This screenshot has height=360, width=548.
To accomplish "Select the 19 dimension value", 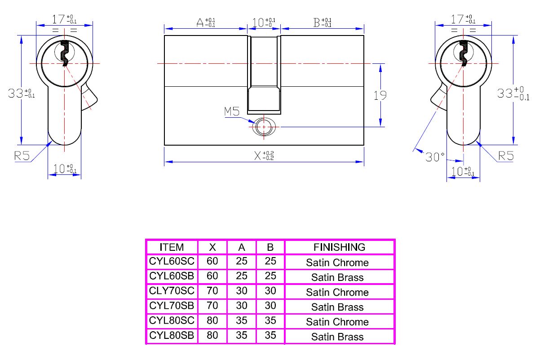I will click(x=380, y=95).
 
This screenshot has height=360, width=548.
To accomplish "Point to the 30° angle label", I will click(x=435, y=157).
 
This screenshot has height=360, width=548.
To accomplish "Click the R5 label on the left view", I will click(x=22, y=156).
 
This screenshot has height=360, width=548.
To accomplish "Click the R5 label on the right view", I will click(x=506, y=156).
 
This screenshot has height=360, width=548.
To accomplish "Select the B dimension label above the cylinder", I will click(x=323, y=22).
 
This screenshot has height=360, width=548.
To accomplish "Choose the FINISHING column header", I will click(x=339, y=247).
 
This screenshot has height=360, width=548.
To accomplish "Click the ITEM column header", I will click(x=172, y=247).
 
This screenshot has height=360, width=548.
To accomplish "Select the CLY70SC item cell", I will click(x=172, y=291).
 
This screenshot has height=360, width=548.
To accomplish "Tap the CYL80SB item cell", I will click(x=172, y=336).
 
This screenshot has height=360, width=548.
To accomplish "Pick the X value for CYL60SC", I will click(x=212, y=262).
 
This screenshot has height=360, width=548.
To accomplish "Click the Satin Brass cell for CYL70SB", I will click(x=337, y=307).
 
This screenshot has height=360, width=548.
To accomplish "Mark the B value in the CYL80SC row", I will click(x=270, y=321).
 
